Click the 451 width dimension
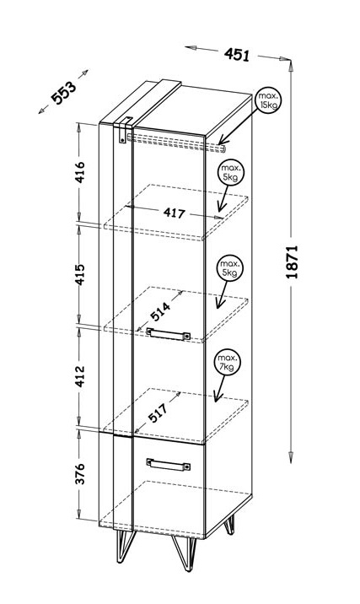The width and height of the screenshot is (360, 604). click(x=237, y=54)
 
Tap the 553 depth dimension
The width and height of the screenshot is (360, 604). click(x=64, y=93)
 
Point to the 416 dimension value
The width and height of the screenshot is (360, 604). click(x=80, y=172)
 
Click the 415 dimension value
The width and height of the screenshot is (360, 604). click(x=80, y=274)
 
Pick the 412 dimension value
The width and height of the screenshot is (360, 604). click(x=80, y=376)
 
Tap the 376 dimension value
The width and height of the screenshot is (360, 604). click(x=80, y=474)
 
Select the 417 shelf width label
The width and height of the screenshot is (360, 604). click(x=174, y=213)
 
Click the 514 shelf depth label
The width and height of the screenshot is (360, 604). click(x=160, y=311)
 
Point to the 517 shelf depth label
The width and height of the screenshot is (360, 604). click(x=158, y=413)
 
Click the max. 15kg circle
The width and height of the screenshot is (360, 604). click(x=268, y=102)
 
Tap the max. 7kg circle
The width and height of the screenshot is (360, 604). click(x=228, y=363)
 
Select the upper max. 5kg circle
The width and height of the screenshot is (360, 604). click(x=231, y=173)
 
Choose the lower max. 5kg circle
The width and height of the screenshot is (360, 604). click(x=231, y=268)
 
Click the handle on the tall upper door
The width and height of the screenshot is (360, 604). click(x=169, y=333)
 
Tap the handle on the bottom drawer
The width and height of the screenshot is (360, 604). click(x=169, y=464)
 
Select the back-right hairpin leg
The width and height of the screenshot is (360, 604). click(x=229, y=525)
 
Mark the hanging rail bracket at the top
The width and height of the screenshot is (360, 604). click(x=124, y=130)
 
